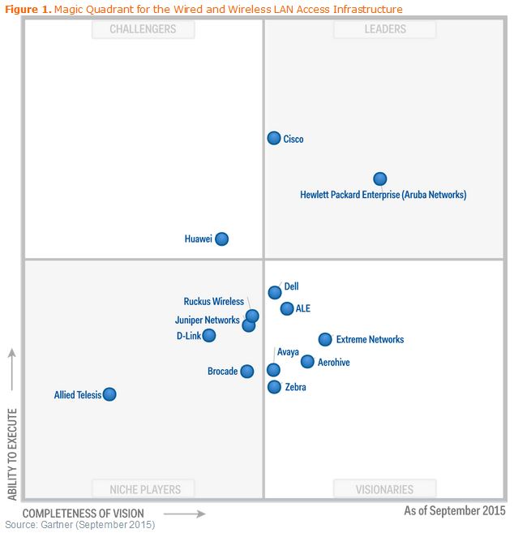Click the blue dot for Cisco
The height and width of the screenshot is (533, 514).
[274, 138]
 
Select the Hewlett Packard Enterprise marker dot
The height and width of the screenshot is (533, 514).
[379, 178]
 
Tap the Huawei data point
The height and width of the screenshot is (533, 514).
[221, 239]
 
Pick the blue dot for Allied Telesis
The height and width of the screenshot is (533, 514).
[109, 394]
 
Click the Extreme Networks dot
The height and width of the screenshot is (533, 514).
[325, 339]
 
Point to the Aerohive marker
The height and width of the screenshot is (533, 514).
[307, 362]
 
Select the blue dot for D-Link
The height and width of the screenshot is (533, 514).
[209, 335]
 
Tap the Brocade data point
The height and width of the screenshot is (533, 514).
[247, 371]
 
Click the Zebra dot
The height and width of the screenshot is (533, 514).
[274, 387]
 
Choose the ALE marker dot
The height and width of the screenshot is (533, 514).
[287, 308]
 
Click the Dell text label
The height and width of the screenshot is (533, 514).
[292, 286]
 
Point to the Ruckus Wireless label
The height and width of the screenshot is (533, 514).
[213, 302]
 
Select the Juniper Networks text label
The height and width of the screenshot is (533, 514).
[207, 320]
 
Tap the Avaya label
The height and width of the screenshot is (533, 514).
[288, 352]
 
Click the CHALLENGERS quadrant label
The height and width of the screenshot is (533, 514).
[144, 29]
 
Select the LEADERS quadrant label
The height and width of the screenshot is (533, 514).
[385, 29]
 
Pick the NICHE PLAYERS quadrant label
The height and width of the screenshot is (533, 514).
[146, 489]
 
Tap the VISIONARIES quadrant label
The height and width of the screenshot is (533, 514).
[384, 489]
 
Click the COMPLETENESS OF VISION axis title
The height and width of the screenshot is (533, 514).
[84, 514]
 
